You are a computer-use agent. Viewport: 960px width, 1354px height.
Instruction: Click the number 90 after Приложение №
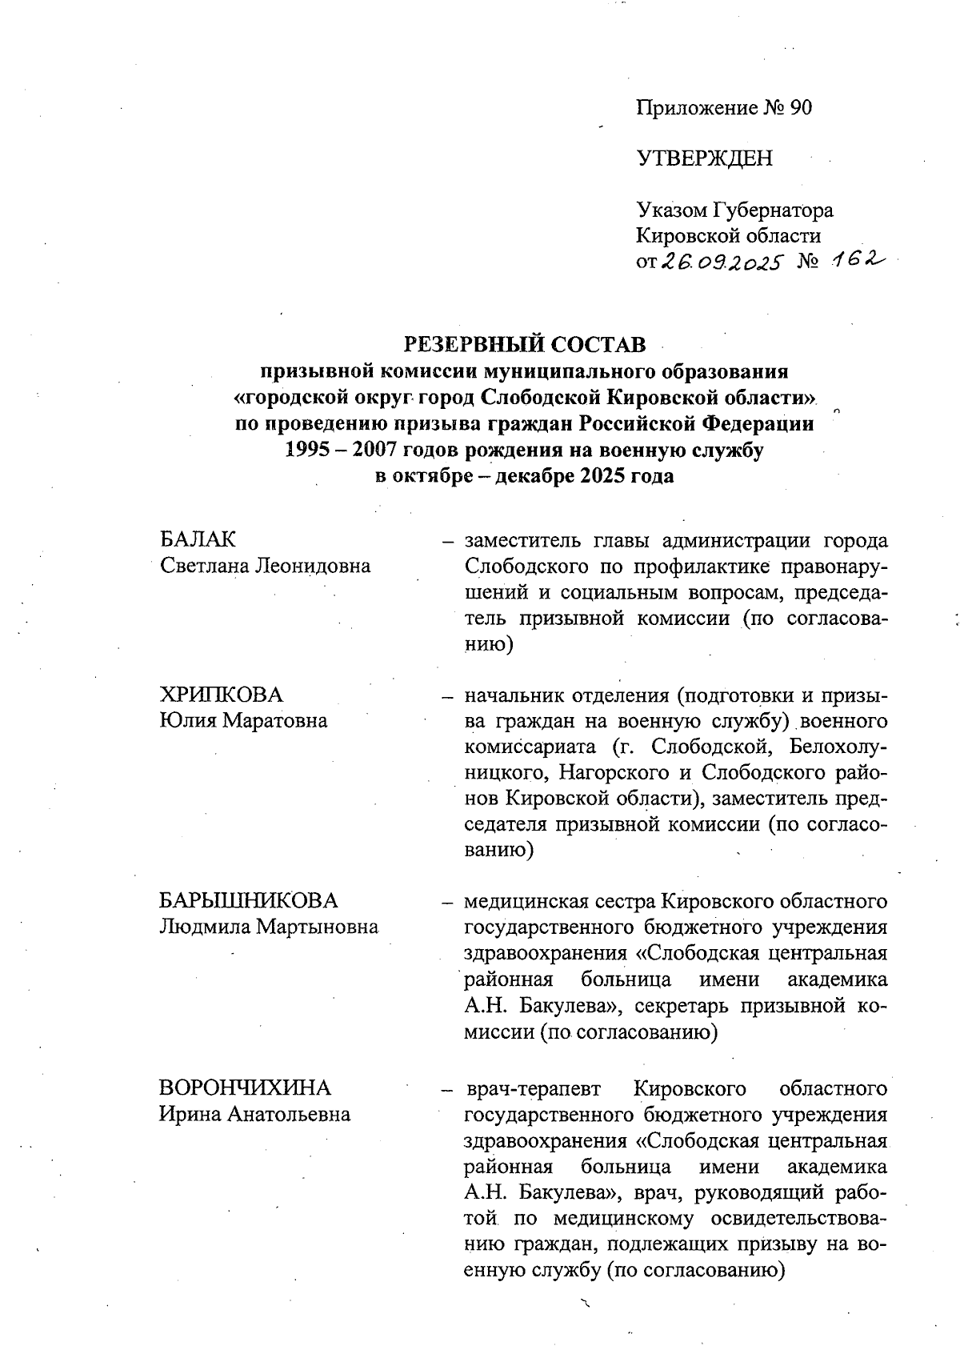click(x=800, y=107)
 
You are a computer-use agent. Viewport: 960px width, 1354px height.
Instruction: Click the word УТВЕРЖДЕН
click(x=705, y=158)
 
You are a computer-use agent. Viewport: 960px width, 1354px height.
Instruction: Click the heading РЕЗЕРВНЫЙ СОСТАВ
click(x=524, y=345)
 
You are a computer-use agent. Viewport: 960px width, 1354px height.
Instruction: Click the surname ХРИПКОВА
click(x=222, y=694)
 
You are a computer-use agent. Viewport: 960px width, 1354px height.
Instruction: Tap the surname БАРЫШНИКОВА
click(x=249, y=901)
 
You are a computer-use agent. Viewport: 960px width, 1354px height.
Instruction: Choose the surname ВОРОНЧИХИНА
click(x=245, y=1088)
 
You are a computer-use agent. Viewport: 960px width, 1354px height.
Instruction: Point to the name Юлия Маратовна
click(x=243, y=720)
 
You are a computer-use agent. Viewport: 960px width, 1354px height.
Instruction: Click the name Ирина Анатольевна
click(x=254, y=1115)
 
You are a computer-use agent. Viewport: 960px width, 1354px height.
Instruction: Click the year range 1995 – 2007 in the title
click(x=344, y=450)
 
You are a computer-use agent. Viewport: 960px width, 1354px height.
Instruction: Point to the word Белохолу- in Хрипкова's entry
click(x=838, y=747)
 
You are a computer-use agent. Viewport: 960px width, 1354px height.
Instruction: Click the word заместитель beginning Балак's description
click(x=518, y=540)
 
